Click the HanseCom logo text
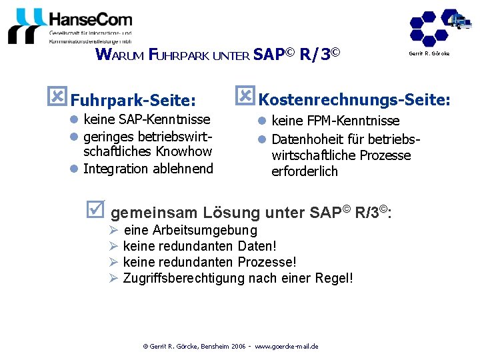[x=90, y=19]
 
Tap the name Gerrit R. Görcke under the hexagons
[x=429, y=53]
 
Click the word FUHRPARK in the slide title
[x=179, y=55]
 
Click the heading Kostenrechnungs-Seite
[x=354, y=100]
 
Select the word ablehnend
[x=184, y=169]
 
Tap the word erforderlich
[x=305, y=171]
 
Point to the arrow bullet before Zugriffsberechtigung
[x=113, y=277]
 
